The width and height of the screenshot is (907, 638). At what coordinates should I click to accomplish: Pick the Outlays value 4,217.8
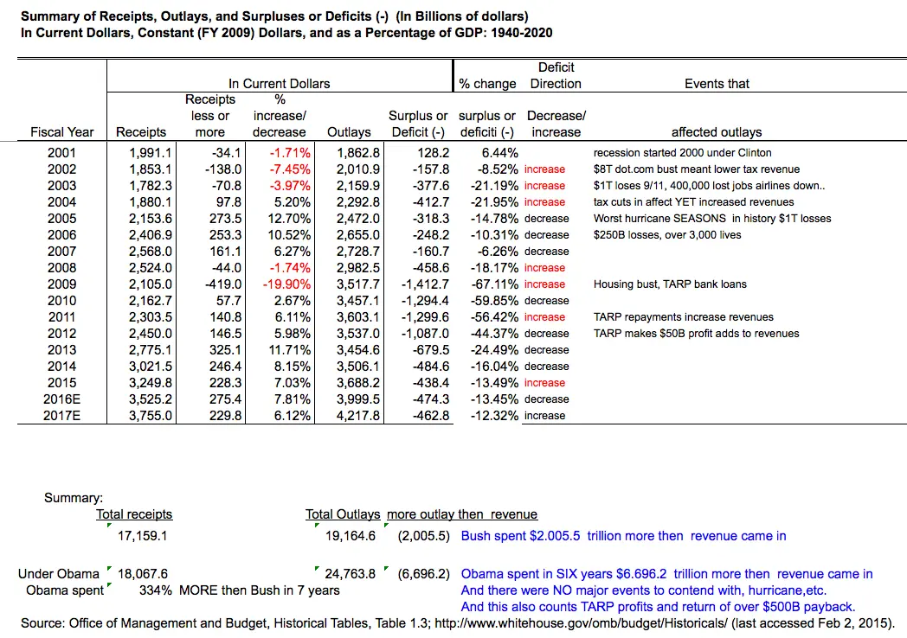pyautogui.click(x=356, y=416)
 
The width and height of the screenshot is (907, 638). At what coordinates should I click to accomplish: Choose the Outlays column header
pyautogui.click(x=349, y=132)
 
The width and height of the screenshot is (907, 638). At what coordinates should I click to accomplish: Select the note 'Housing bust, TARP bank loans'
pyautogui.click(x=670, y=284)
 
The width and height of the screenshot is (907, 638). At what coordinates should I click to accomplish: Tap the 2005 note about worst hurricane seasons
pyautogui.click(x=711, y=219)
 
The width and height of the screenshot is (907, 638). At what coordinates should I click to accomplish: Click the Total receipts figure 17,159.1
pyautogui.click(x=142, y=536)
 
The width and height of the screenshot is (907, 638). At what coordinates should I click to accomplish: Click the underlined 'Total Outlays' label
pyautogui.click(x=344, y=514)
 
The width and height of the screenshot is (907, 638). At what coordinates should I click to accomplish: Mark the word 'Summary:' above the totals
pyautogui.click(x=74, y=498)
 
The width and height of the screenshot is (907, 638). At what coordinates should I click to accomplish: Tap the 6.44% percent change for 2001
pyautogui.click(x=498, y=153)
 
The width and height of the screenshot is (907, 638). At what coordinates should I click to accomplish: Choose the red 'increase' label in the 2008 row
pyautogui.click(x=544, y=268)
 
